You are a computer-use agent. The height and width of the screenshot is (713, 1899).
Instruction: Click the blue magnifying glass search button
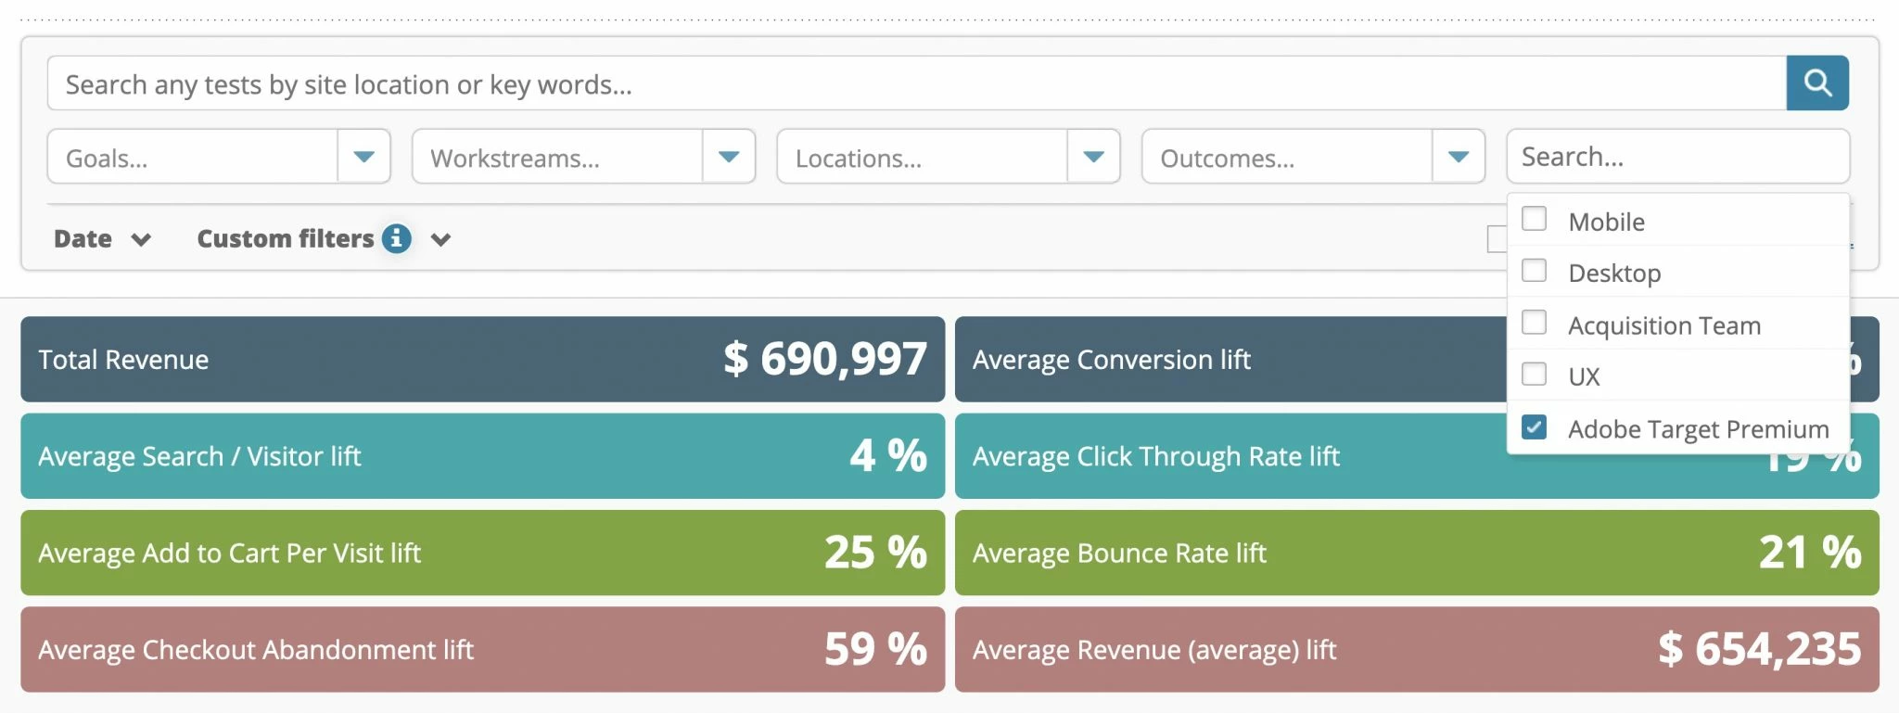(x=1816, y=83)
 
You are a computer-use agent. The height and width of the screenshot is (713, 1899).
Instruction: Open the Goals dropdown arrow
(x=363, y=157)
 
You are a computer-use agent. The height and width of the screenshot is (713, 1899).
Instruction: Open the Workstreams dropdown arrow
(x=729, y=157)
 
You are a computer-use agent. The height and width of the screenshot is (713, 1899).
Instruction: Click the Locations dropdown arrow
(x=1093, y=157)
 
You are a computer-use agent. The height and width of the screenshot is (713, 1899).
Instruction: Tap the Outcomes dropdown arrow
(x=1459, y=157)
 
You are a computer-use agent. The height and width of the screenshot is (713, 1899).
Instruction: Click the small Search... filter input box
(x=1676, y=157)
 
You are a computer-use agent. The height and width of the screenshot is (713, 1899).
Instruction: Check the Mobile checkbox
(x=1535, y=219)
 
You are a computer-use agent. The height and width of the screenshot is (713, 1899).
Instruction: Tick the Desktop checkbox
(x=1535, y=271)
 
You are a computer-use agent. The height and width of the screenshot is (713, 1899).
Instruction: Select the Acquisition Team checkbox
(x=1535, y=323)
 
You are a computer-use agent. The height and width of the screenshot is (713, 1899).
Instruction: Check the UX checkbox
(x=1535, y=375)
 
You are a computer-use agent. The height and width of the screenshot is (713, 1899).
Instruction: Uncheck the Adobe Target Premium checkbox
(x=1535, y=427)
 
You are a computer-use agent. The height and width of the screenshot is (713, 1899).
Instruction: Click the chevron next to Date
(x=141, y=240)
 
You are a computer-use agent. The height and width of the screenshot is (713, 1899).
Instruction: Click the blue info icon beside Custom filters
(x=396, y=238)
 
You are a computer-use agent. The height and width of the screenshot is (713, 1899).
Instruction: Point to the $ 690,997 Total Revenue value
(x=824, y=359)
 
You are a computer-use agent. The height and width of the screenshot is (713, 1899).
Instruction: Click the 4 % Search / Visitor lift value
(x=887, y=455)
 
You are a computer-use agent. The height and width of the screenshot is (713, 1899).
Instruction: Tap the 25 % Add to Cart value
(x=874, y=553)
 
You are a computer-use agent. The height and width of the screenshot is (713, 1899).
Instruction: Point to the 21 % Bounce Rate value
(x=1809, y=553)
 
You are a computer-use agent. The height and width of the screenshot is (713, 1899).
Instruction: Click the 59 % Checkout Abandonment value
(x=874, y=649)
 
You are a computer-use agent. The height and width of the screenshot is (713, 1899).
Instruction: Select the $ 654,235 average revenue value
(x=1759, y=649)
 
